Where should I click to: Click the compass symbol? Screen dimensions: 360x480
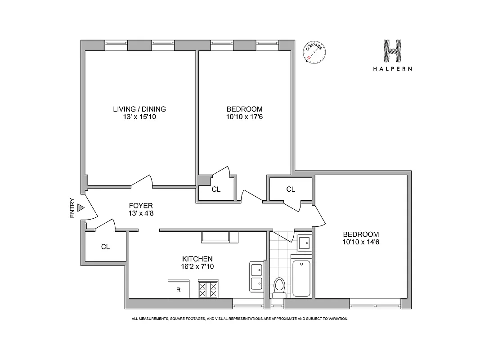click(314, 52)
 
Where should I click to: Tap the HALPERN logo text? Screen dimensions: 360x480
click(393, 69)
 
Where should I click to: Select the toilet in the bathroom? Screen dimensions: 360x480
click(279, 287)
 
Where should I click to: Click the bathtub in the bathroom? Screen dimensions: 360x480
click(301, 278)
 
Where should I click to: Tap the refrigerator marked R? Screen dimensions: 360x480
click(179, 289)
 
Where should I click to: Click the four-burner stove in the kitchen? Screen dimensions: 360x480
click(208, 288)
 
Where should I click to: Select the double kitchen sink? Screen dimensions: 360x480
click(257, 277)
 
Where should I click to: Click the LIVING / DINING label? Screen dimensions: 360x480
click(139, 109)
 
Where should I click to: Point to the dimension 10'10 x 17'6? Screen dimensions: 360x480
click(244, 117)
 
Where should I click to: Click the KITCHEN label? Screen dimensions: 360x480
click(197, 259)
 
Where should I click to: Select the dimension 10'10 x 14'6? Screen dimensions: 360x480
click(361, 242)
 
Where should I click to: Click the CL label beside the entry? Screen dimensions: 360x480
click(105, 247)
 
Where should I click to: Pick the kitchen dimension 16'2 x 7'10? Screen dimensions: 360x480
click(197, 266)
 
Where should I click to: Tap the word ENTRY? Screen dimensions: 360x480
click(72, 208)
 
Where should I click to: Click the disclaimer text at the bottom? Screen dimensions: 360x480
click(240, 319)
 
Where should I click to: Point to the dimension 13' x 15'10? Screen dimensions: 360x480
click(139, 117)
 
